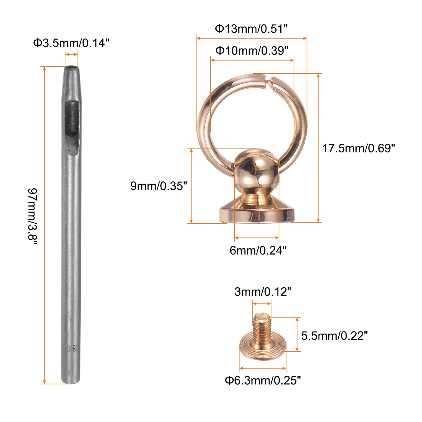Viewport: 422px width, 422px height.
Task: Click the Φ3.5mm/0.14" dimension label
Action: [x=71, y=43]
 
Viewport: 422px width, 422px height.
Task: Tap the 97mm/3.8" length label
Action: [x=33, y=216]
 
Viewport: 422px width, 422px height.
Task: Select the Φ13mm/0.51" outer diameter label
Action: [x=251, y=28]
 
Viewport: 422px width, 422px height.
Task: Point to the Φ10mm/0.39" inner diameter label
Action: [x=252, y=50]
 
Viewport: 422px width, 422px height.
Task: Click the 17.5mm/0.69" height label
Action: [x=358, y=148]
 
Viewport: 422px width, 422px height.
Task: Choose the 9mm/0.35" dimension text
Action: [x=159, y=186]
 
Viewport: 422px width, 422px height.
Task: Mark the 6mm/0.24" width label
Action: [x=258, y=250]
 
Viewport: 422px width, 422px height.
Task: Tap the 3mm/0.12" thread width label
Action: [x=263, y=292]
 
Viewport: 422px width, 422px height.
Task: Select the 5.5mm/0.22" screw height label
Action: [x=334, y=336]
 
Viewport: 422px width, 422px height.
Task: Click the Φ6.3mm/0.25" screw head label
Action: [x=263, y=380]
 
